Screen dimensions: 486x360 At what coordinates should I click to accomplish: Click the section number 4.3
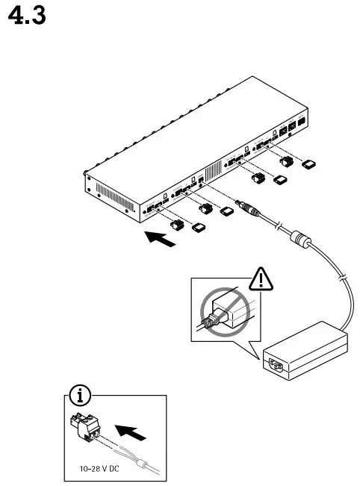(x=31, y=16)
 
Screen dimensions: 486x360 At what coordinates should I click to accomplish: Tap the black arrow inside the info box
(x=131, y=431)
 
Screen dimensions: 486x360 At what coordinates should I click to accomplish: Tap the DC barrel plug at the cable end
(x=244, y=206)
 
